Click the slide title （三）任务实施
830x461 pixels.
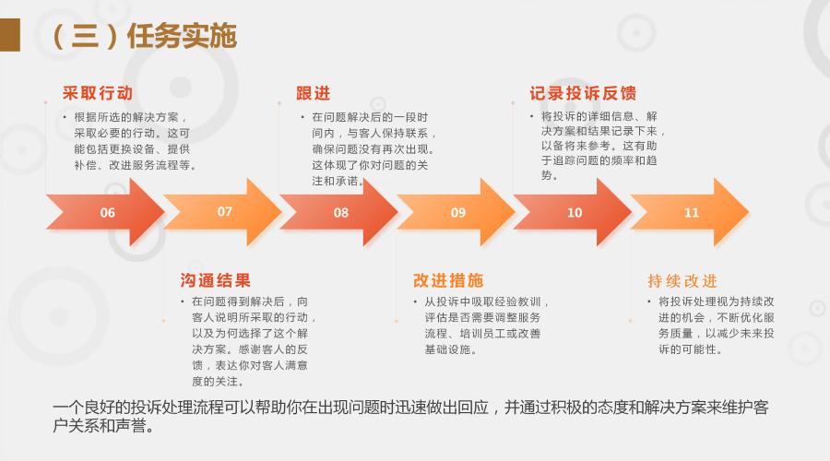point(145,36)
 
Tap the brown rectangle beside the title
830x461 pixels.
point(10,35)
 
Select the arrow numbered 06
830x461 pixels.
point(106,212)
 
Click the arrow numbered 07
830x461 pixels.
point(223,212)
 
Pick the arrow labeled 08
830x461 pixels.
point(339,212)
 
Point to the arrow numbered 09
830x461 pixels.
point(456,212)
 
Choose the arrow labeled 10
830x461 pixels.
point(573,212)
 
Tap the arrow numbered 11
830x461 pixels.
point(690,212)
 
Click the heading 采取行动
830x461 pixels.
point(98,93)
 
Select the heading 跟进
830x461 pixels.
point(314,93)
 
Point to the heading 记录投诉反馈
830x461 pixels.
point(583,93)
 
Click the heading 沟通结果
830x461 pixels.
point(216,280)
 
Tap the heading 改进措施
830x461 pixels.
point(448,280)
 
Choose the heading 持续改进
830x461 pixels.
point(682,280)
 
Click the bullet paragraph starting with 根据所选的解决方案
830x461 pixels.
point(130,141)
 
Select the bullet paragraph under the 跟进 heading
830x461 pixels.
point(368,148)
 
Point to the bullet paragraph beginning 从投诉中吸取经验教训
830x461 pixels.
point(481,325)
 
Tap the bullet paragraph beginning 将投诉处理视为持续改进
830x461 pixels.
point(711,325)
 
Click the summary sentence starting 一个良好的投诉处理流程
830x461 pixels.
point(410,416)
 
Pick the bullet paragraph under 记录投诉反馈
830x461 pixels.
point(598,146)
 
